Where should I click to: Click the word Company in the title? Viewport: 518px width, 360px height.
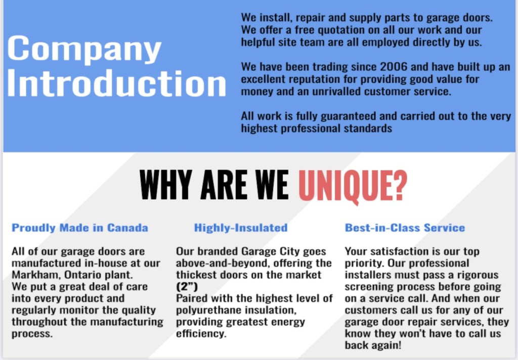click(84, 49)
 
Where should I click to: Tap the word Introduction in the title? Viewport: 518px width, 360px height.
click(116, 83)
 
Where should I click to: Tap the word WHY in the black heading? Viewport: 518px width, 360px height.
click(165, 185)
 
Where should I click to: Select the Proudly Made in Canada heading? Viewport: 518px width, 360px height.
click(79, 228)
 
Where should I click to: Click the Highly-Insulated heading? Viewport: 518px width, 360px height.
click(240, 228)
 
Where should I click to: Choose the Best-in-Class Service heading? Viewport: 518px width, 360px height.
click(405, 228)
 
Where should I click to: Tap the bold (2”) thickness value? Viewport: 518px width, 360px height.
click(187, 287)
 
